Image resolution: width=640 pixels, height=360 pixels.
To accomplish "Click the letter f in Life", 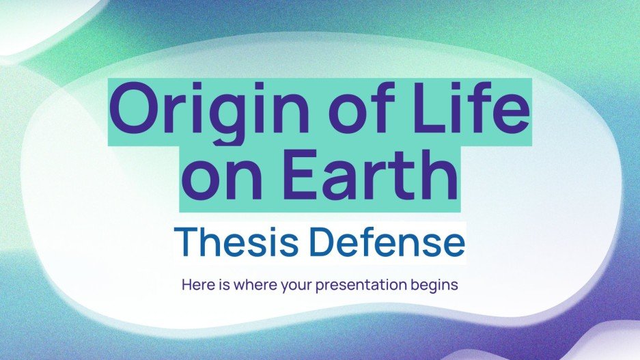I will click(x=492, y=109).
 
